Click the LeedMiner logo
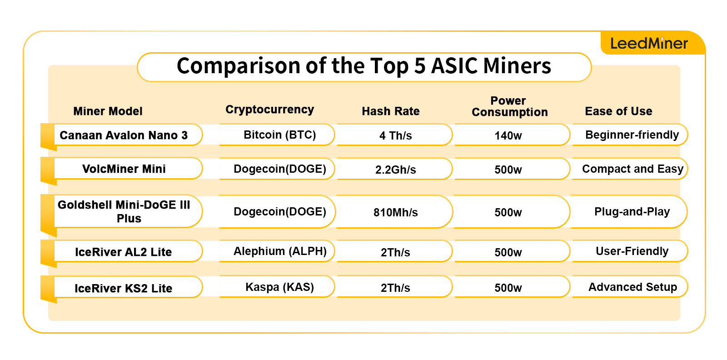point(649,43)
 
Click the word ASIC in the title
point(454,66)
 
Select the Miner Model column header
point(108,111)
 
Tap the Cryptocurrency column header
point(269,110)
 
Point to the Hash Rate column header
point(390,111)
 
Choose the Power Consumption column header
point(509,106)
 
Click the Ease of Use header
point(618,111)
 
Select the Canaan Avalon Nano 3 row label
point(124,135)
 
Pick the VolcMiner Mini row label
point(124,169)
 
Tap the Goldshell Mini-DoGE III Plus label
point(124,211)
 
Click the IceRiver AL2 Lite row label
point(124,252)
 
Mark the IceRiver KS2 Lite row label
point(124,289)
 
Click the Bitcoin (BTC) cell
point(279,135)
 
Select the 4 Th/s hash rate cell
point(395,136)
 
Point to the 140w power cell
point(508,136)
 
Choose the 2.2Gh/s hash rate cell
point(395,170)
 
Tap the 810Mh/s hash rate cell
point(395,212)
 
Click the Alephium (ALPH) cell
point(280,251)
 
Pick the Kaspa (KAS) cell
point(279,287)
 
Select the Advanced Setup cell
point(632,287)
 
